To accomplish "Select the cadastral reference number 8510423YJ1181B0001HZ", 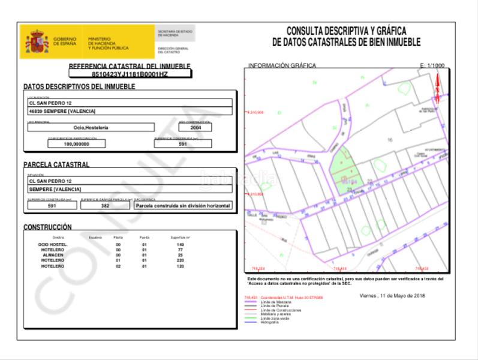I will [130, 74].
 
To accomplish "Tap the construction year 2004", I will [196, 127].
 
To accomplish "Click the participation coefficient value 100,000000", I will [76, 144].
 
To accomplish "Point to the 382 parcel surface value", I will [104, 205].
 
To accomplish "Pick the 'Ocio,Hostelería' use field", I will [91, 127].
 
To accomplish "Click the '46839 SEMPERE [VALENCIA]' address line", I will [62, 111].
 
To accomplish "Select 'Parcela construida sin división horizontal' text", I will [182, 205].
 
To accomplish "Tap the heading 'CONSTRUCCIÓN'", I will [47, 227].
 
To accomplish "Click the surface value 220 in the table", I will [179, 260].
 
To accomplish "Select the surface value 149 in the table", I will [180, 245].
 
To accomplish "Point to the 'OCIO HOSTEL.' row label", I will [53, 245].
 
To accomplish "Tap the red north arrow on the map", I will [437, 87].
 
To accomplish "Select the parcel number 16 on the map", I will [390, 139].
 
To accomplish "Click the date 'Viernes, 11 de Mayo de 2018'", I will [392, 296].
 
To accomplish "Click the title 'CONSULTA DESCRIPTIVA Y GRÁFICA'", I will [346, 31].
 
